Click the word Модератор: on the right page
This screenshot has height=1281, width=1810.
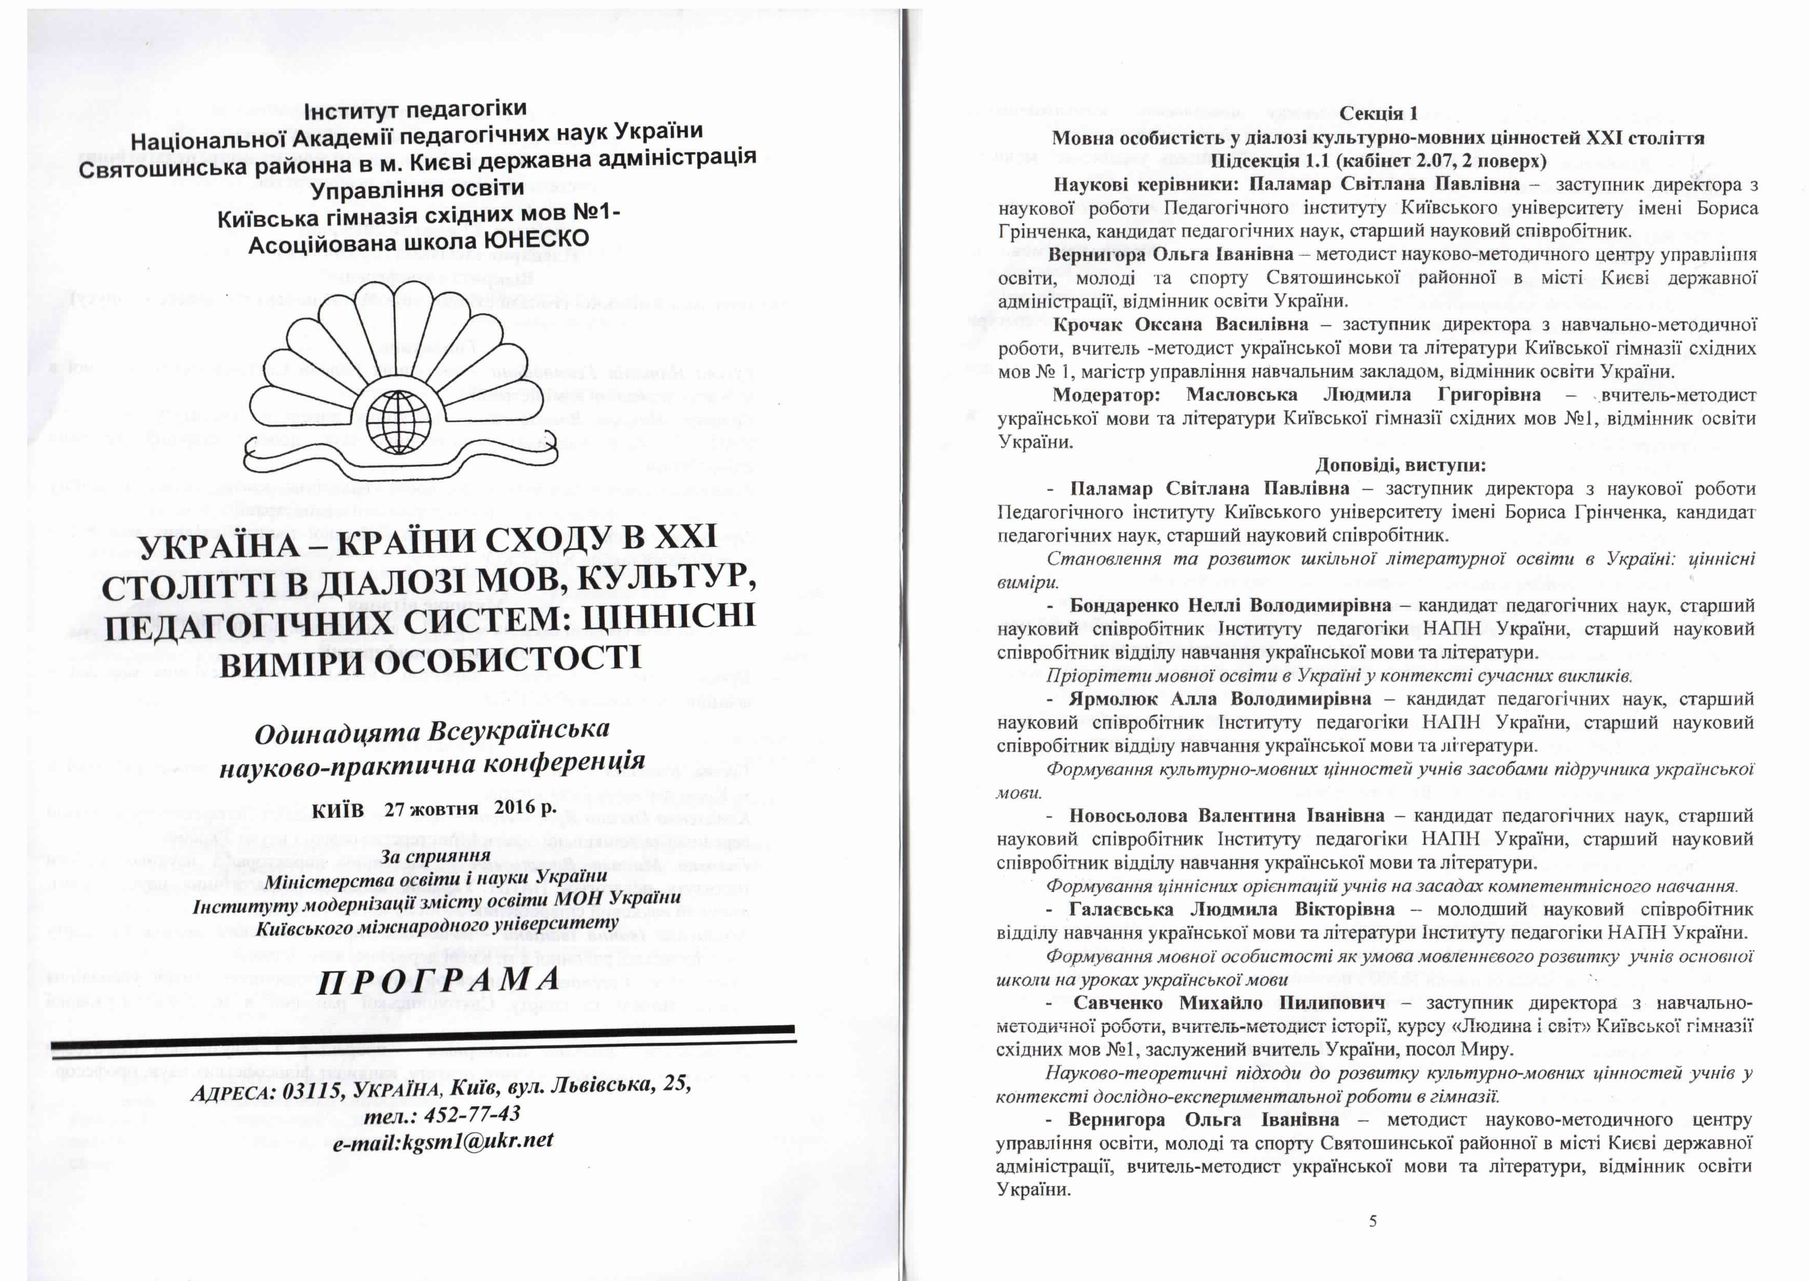point(1106,394)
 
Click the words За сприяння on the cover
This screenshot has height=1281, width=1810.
point(434,857)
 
